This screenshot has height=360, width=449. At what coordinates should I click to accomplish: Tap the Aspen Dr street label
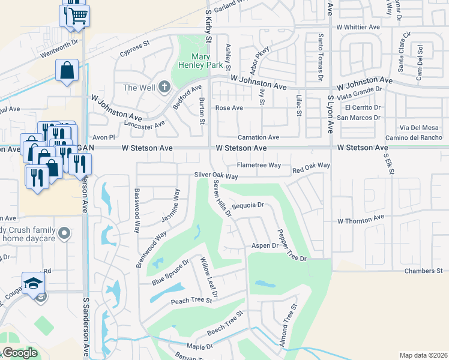[265, 246]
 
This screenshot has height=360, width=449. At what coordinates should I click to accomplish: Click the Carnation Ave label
[258, 137]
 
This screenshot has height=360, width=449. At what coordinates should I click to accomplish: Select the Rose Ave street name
[229, 108]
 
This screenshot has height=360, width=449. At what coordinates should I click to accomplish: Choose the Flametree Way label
[259, 165]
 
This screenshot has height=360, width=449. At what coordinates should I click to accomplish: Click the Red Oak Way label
[311, 165]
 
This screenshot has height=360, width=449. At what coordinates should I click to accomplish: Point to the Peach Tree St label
[191, 301]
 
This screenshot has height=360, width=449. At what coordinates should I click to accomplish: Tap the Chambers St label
[423, 271]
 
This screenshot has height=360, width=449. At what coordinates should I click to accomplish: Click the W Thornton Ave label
[360, 221]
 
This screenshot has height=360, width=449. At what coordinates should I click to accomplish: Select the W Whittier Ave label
[358, 27]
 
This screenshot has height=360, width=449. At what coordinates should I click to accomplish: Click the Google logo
[20, 353]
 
